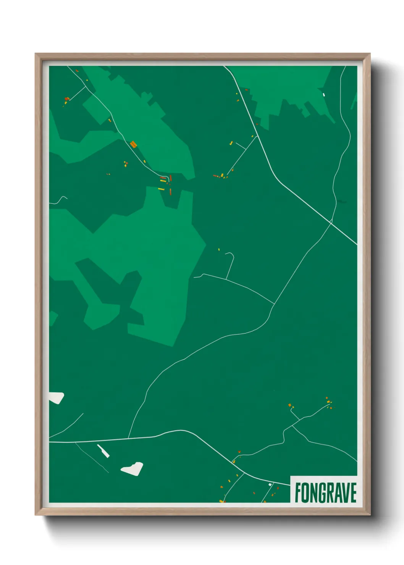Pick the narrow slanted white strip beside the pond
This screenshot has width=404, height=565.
[103, 451]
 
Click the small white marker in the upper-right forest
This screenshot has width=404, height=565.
[324, 94]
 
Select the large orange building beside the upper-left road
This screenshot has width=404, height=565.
[133, 144]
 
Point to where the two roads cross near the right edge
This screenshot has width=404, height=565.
[331, 221]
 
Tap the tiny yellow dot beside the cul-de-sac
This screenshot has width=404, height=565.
[219, 250]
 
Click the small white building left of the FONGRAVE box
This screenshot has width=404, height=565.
[270, 485]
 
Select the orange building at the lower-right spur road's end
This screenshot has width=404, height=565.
[290, 405]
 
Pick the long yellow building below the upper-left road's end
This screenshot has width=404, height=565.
[161, 189]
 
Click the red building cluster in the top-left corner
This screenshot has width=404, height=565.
[67, 99]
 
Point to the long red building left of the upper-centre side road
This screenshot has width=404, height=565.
[216, 176]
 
